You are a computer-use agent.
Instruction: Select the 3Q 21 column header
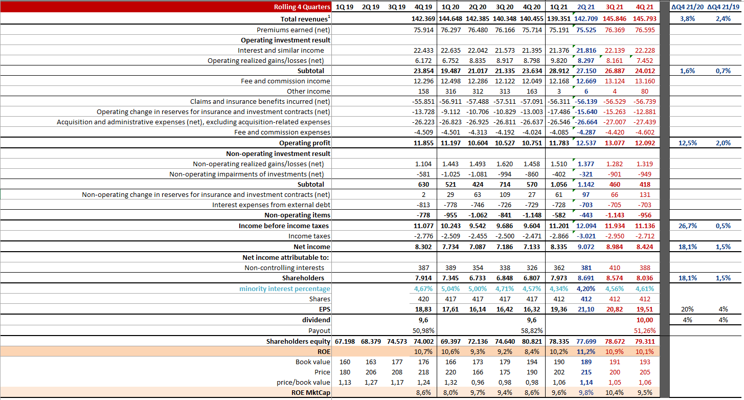pyautogui.click(x=615, y=7)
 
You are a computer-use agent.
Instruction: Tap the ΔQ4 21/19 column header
pyautogui.click(x=723, y=7)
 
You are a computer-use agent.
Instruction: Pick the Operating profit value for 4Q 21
pyautogui.click(x=644, y=143)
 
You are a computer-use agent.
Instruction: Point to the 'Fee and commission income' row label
pyautogui.click(x=285, y=81)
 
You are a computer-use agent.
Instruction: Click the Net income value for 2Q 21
pyautogui.click(x=586, y=247)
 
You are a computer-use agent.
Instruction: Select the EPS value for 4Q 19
pyautogui.click(x=423, y=309)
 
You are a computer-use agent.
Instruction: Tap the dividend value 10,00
pyautogui.click(x=644, y=320)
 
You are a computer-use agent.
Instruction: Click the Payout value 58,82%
pyautogui.click(x=531, y=330)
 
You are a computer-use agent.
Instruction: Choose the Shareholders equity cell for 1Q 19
pyautogui.click(x=345, y=342)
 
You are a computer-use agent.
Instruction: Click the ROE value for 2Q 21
pyautogui.click(x=586, y=351)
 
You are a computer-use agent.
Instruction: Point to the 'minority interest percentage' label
pyautogui.click(x=285, y=288)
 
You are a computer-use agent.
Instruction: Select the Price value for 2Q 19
pyautogui.click(x=371, y=372)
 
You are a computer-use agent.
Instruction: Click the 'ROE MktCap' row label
pyautogui.click(x=310, y=393)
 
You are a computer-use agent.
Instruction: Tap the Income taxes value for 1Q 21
pyautogui.click(x=559, y=236)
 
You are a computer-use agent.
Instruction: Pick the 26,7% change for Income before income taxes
pyautogui.click(x=687, y=226)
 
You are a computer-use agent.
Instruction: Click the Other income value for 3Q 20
pyautogui.click(x=505, y=92)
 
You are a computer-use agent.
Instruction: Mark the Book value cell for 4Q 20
pyautogui.click(x=531, y=362)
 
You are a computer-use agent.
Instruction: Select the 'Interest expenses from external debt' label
pyautogui.click(x=271, y=205)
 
